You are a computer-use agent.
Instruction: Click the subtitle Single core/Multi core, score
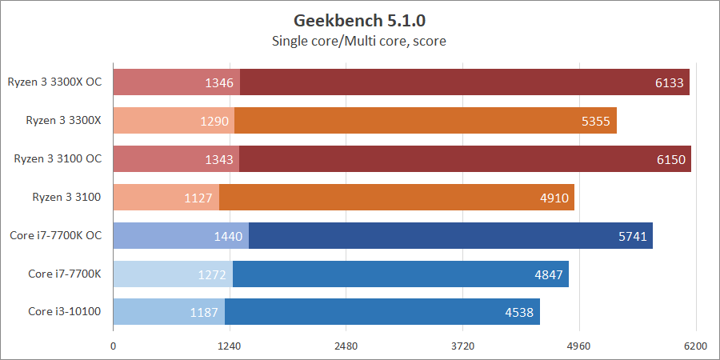click(x=359, y=40)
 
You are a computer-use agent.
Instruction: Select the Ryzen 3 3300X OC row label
click(x=55, y=82)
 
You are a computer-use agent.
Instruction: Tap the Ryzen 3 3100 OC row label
click(x=58, y=158)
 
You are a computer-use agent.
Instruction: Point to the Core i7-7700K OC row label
click(x=56, y=235)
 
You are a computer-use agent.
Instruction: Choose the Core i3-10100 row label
click(x=65, y=311)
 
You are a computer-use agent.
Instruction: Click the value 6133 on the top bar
click(x=671, y=82)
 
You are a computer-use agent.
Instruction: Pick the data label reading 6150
click(x=672, y=159)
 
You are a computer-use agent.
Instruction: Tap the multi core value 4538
click(x=520, y=312)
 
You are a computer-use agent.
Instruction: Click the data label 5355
click(x=598, y=121)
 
